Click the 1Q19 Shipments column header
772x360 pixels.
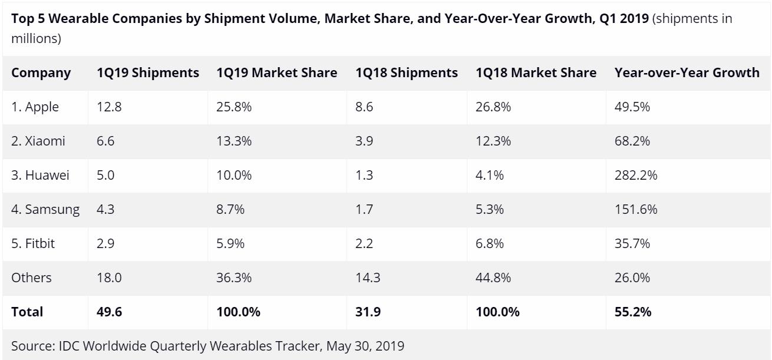(148, 73)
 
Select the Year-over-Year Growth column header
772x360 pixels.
(687, 73)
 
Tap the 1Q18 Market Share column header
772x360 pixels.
(536, 73)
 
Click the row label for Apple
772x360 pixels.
(35, 107)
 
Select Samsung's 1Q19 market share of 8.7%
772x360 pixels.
(230, 209)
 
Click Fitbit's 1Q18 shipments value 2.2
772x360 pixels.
(364, 243)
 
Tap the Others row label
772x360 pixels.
(32, 278)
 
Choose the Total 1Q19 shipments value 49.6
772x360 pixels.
(109, 312)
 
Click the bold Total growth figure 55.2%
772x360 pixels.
(633, 312)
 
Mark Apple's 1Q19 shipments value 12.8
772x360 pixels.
(109, 107)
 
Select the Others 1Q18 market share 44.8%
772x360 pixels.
(493, 278)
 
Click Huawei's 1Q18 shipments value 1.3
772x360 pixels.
(364, 176)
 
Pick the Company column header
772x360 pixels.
(41, 73)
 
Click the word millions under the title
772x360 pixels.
(36, 39)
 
